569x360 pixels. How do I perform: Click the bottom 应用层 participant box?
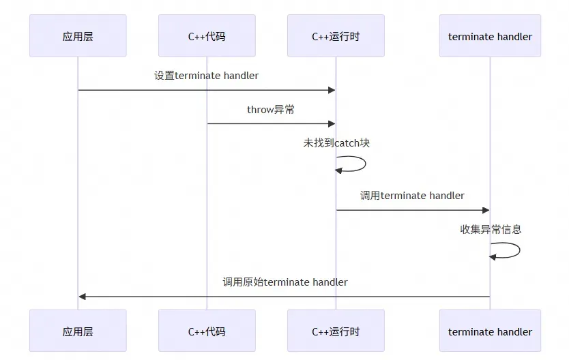(78, 331)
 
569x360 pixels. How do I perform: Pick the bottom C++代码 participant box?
(207, 331)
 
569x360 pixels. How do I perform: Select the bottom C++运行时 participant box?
(336, 331)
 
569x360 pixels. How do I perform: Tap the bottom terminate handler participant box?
(490, 331)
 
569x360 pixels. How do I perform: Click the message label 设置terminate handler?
(207, 76)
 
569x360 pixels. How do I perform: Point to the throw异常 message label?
(271, 109)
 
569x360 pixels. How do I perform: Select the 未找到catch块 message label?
(336, 143)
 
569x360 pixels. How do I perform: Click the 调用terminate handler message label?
(412, 196)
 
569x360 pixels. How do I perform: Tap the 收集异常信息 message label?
(491, 229)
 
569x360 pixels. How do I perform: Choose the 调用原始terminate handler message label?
(284, 282)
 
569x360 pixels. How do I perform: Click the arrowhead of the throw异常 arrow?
(332, 123)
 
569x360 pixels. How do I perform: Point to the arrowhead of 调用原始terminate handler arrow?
(83, 297)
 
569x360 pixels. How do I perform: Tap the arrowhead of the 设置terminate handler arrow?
(332, 90)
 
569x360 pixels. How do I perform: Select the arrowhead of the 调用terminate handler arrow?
(486, 210)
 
